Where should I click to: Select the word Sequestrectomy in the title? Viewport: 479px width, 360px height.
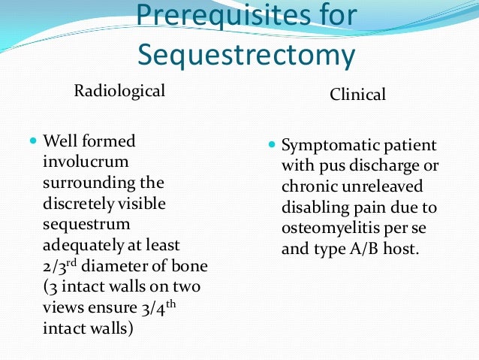(246, 55)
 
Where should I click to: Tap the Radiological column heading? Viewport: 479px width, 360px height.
(119, 91)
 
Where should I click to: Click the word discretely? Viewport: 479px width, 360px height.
(81, 203)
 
